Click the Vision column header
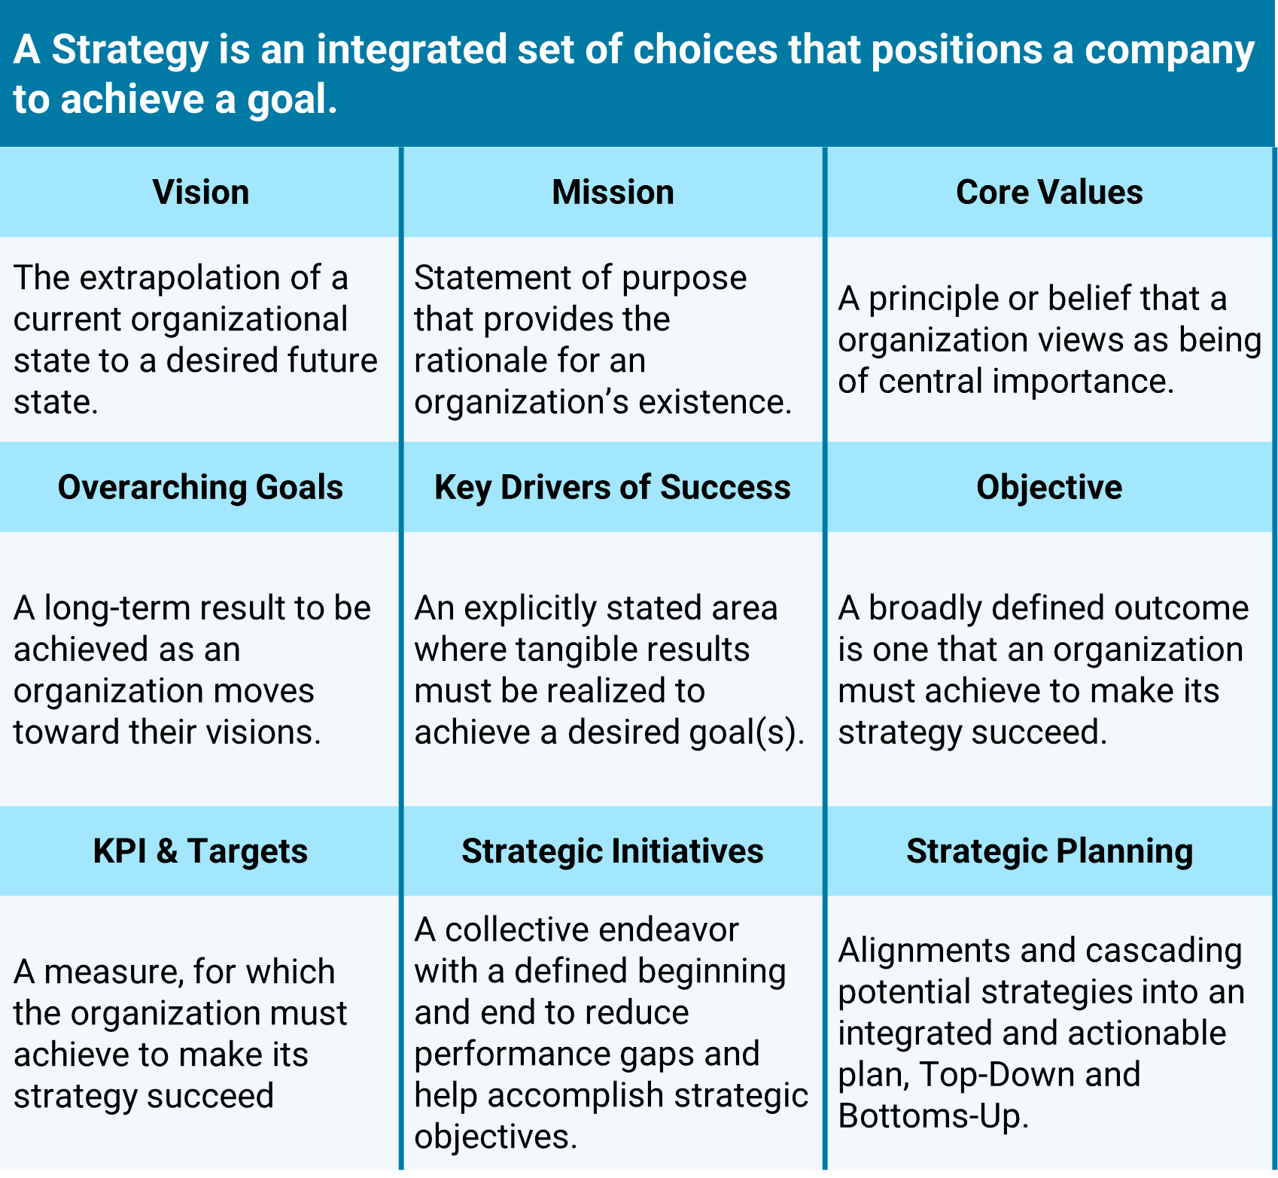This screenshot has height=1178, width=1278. coord(201,192)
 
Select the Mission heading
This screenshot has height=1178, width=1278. coord(613,192)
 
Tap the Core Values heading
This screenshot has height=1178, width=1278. coord(1049,192)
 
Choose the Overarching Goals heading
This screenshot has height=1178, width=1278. coord(200,488)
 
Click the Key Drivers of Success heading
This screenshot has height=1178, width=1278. coord(613,488)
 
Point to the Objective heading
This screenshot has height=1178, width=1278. coord(1049,488)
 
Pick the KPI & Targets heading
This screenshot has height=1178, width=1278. coord(200,851)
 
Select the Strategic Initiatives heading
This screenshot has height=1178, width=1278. coord(613,851)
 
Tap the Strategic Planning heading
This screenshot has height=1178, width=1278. coord(1049,851)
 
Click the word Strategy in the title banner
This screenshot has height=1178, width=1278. coord(130,51)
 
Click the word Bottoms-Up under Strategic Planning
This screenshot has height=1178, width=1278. coord(933,1116)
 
